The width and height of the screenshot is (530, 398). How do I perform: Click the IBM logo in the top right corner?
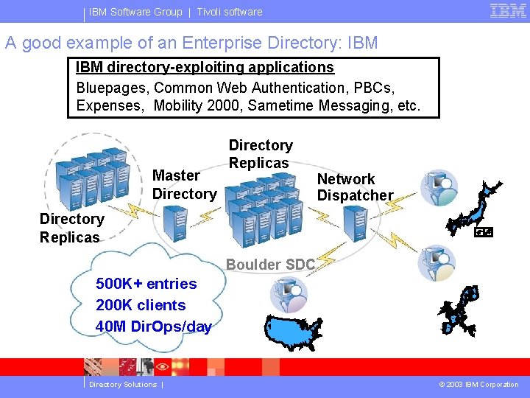pyautogui.click(x=508, y=11)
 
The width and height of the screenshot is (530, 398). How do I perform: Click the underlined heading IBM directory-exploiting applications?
pyautogui.click(x=205, y=68)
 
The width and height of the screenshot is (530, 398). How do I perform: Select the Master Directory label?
pyautogui.click(x=183, y=185)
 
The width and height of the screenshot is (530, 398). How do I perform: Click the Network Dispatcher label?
pyautogui.click(x=355, y=187)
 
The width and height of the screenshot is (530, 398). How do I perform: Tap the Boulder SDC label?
pyautogui.click(x=270, y=265)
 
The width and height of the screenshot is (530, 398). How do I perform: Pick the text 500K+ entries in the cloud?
pyautogui.click(x=146, y=284)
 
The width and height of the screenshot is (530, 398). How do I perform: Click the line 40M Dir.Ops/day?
pyautogui.click(x=154, y=327)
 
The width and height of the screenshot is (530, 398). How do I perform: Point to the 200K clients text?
pyautogui.click(x=141, y=305)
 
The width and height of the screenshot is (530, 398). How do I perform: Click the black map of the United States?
pyautogui.click(x=293, y=333)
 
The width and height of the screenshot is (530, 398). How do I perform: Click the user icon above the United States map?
pyautogui.click(x=289, y=295)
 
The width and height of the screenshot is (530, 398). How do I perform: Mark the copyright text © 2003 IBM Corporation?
pyautogui.click(x=478, y=385)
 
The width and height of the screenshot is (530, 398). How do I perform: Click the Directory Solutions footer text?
pyautogui.click(x=123, y=385)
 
